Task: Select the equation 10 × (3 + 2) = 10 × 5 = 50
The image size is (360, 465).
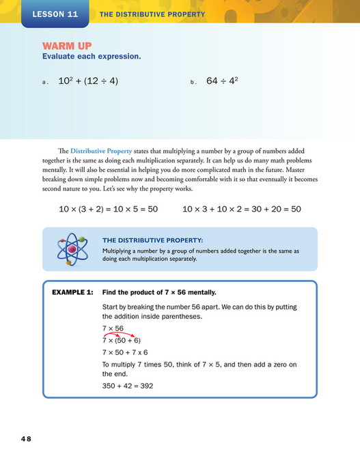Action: pos(109,209)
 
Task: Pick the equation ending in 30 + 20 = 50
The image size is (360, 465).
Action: pos(242,209)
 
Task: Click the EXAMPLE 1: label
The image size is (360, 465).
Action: pos(72,292)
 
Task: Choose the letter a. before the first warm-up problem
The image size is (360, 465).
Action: pos(44,82)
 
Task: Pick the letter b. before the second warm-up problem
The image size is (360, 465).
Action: pos(193,82)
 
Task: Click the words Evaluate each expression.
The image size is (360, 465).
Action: pos(92,57)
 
